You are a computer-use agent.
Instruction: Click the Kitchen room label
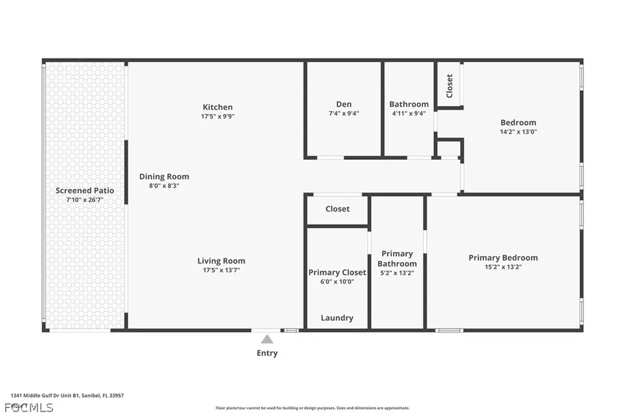pos(218,107)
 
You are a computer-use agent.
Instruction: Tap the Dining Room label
pos(164,177)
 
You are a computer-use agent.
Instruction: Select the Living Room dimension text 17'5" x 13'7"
pos(222,270)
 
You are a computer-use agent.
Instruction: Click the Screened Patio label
pos(85,191)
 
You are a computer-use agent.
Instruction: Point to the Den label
pos(344,104)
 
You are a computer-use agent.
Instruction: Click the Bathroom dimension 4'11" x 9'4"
pos(409,113)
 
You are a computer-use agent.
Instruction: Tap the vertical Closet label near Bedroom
pos(450,86)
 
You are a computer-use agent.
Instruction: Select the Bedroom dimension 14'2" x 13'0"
pos(518,131)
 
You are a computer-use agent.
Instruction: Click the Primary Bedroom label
pos(503,258)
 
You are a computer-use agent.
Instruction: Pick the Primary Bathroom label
pos(397,259)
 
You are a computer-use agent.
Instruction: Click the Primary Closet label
pos(337,273)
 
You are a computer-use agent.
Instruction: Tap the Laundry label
pos(337,318)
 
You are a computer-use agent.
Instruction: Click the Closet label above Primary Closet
pos(338,209)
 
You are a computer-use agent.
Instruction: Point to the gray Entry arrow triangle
pos(267,339)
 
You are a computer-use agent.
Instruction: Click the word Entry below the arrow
pos(267,353)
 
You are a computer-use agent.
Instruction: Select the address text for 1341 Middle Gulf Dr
pos(67,395)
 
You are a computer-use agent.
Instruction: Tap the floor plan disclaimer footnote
pos(312,408)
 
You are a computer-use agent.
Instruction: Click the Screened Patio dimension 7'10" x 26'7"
pos(85,199)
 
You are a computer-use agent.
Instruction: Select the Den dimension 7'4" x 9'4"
pos(344,113)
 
